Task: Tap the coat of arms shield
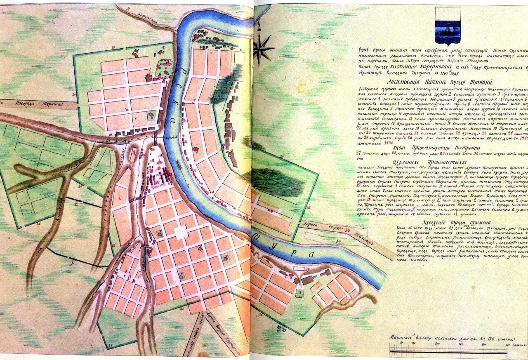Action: pyautogui.click(x=447, y=26)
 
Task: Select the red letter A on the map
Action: pyautogui.click(x=133, y=151)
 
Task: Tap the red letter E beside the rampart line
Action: pyautogui.click(x=76, y=203)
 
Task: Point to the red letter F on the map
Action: pyautogui.click(x=72, y=261)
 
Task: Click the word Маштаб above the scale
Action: pyautogui.click(x=401, y=336)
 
